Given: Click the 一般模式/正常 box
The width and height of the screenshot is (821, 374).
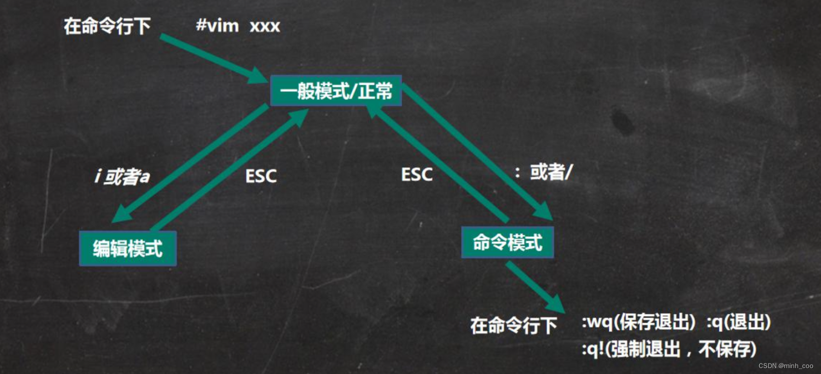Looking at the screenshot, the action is pyautogui.click(x=336, y=91).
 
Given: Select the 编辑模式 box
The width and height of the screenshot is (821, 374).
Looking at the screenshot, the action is pyautogui.click(x=128, y=248).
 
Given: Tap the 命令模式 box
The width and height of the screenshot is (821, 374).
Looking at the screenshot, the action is pyautogui.click(x=507, y=242).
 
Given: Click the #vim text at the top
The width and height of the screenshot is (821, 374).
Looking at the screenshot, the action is pyautogui.click(x=217, y=25).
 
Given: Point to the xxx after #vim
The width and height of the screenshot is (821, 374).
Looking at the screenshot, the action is pyautogui.click(x=265, y=26).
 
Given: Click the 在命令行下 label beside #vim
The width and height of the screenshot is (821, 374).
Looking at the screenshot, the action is pyautogui.click(x=107, y=26).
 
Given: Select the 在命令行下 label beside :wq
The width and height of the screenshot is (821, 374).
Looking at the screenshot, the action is pyautogui.click(x=513, y=326).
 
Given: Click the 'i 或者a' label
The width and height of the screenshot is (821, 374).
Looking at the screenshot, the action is pyautogui.click(x=122, y=176).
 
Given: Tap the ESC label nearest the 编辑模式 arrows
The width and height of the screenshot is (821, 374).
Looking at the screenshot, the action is pyautogui.click(x=261, y=176).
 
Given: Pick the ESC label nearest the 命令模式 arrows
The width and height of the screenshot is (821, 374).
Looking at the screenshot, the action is pyautogui.click(x=416, y=175).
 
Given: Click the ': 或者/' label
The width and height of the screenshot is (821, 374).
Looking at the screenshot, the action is pyautogui.click(x=543, y=172).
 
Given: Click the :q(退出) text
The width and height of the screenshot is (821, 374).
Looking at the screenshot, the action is pyautogui.click(x=739, y=323).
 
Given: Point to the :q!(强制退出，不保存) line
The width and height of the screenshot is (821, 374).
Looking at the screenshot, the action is pyautogui.click(x=669, y=349).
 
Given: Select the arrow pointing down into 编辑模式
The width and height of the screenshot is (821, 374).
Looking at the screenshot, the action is pyautogui.click(x=190, y=163).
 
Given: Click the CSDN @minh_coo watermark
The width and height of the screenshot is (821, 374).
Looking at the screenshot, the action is pyautogui.click(x=785, y=366).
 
